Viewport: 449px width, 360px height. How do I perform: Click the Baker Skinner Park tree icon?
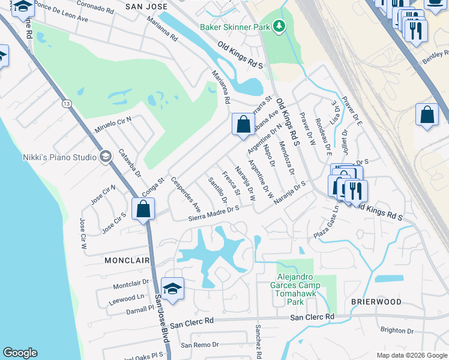click(x=278, y=26)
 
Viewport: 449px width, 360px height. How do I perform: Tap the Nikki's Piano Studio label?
click(x=59, y=157)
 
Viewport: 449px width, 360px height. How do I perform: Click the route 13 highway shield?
click(x=66, y=104)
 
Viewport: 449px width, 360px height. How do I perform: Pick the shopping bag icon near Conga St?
click(x=143, y=210)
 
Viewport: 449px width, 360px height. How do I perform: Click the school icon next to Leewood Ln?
click(x=172, y=289)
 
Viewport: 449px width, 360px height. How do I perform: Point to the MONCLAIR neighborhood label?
click(x=127, y=261)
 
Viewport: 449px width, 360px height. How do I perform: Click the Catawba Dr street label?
click(x=129, y=163)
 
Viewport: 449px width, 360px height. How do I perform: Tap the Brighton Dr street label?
click(x=397, y=330)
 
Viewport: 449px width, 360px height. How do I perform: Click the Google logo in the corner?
click(x=20, y=353)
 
